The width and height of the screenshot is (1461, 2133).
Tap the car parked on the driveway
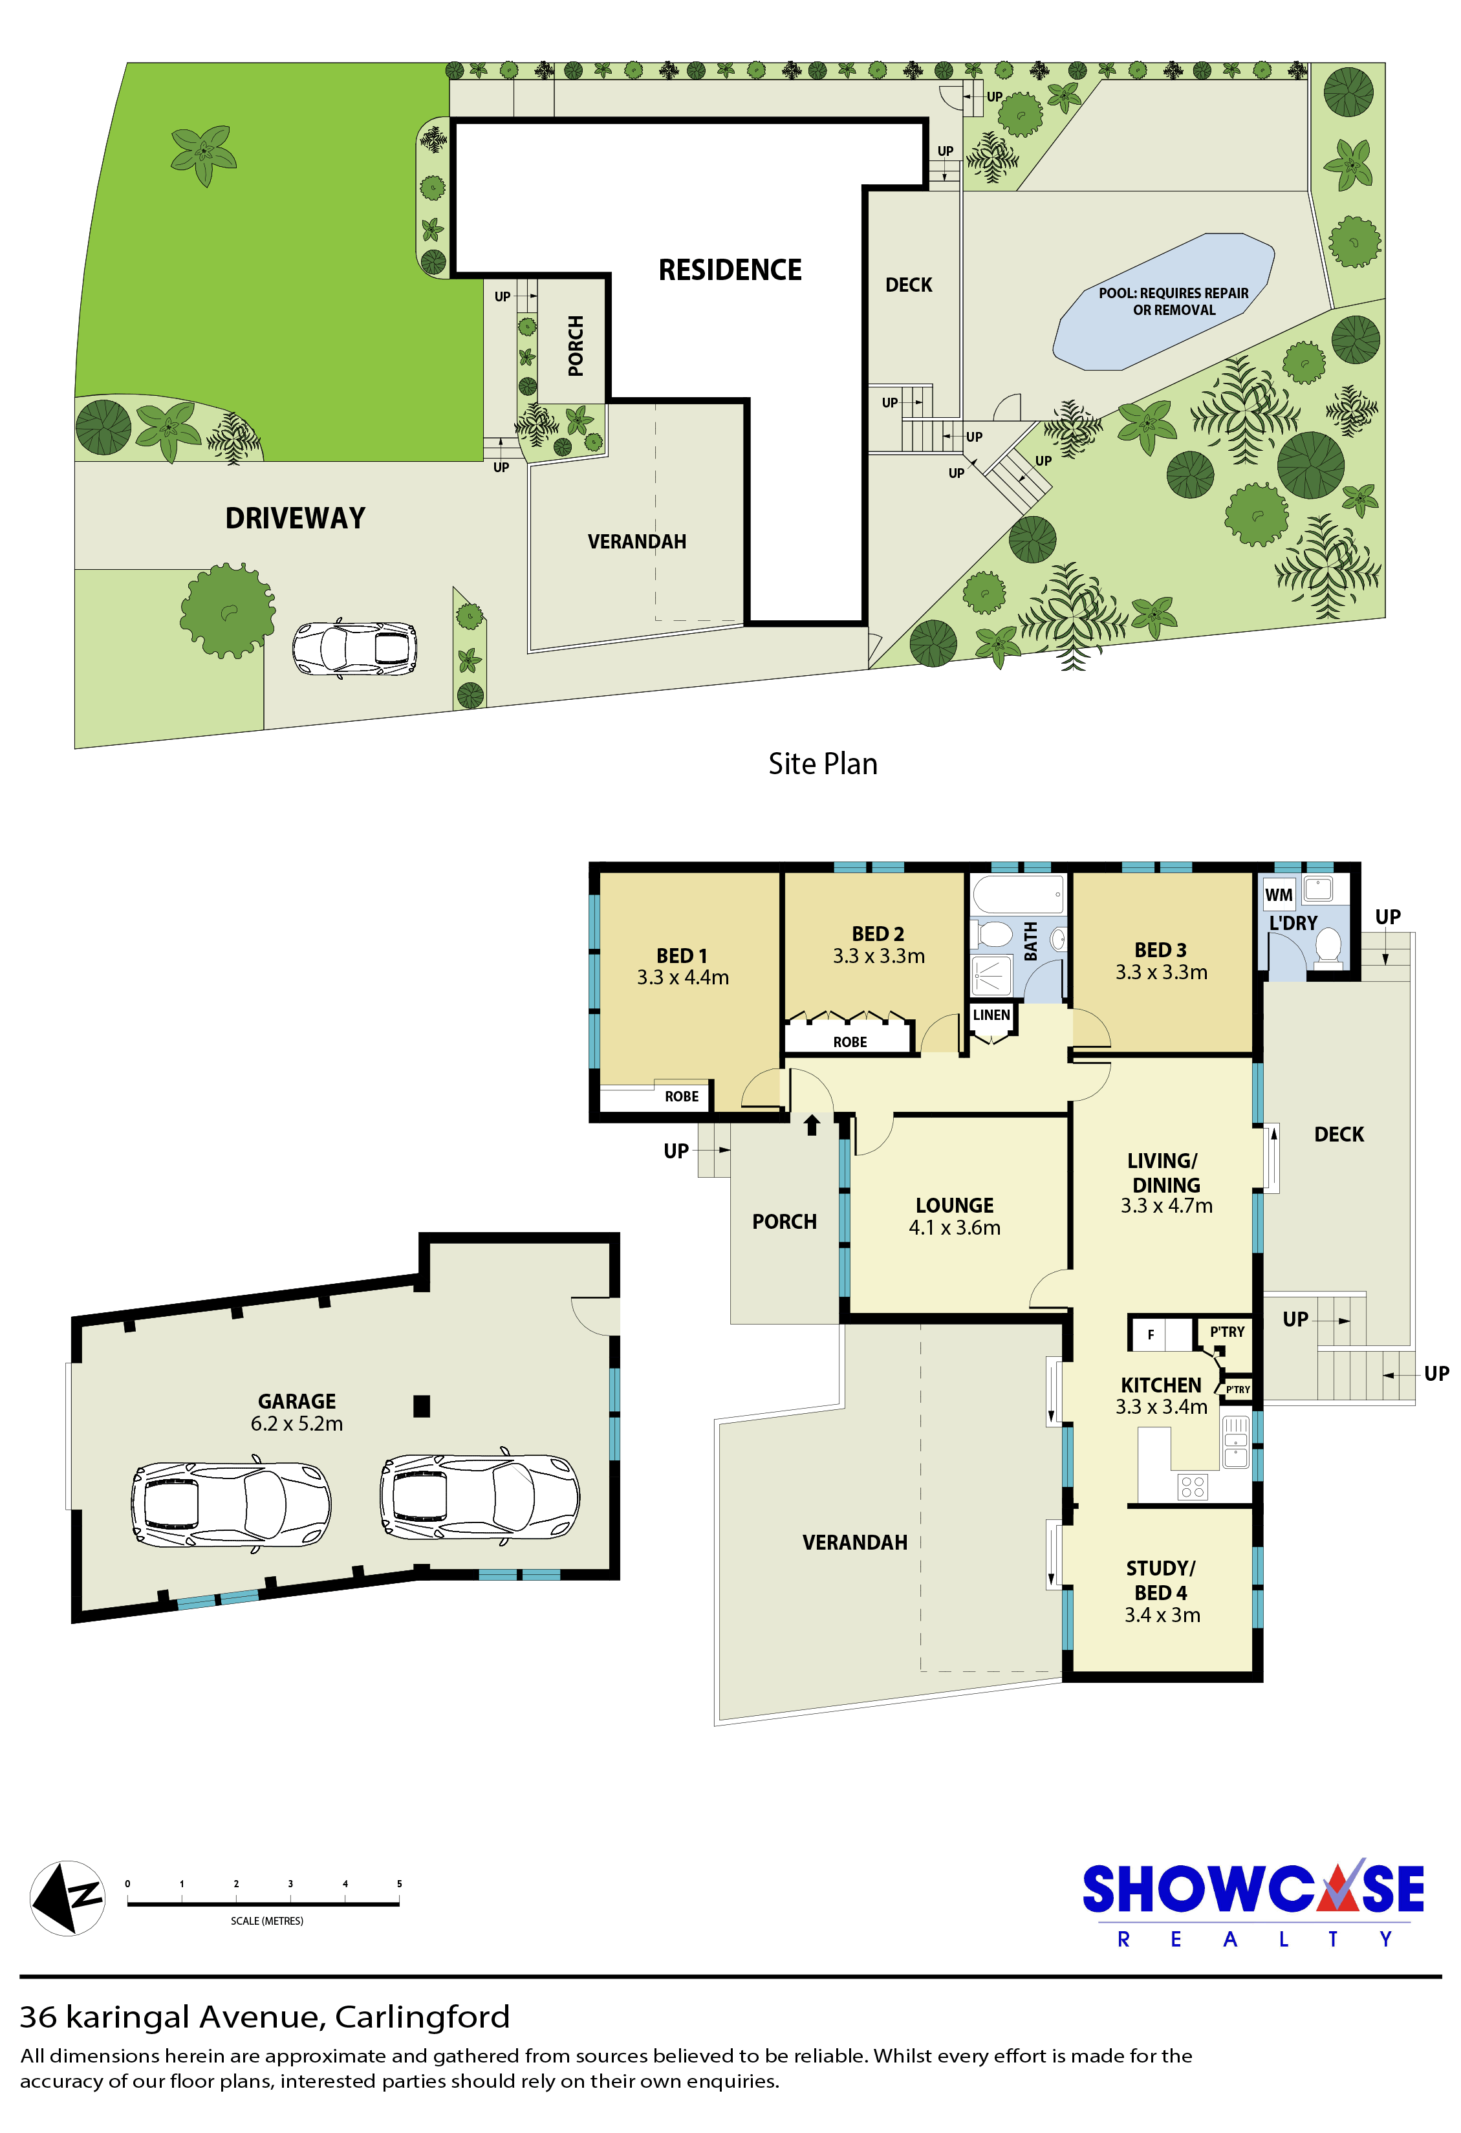354,648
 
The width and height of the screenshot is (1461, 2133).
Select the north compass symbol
67,1898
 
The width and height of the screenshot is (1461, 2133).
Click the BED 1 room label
682,955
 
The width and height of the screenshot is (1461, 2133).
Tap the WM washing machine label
1279,895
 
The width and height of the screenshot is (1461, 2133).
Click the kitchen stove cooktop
1193,1487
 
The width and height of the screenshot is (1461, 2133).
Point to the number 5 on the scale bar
399,1883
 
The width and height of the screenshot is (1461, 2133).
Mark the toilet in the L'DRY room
1328,946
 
